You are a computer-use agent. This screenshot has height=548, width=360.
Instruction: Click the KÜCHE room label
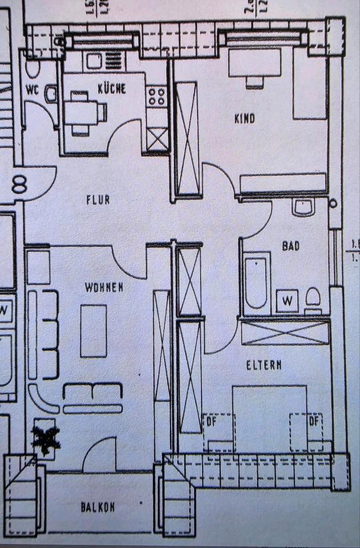[111, 88]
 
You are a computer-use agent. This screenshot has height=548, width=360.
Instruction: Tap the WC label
[32, 89]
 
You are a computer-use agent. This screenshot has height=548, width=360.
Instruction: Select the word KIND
[244, 119]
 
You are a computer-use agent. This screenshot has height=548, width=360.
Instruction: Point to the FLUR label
[98, 200]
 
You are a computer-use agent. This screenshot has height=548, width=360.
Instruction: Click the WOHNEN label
[104, 287]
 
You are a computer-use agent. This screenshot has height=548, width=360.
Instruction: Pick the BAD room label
[290, 247]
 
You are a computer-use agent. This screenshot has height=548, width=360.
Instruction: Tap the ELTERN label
[264, 366]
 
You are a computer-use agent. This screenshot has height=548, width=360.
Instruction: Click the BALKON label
[98, 506]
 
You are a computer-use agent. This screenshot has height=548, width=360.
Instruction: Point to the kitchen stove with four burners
[156, 96]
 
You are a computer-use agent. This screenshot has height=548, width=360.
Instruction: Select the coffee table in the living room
[94, 330]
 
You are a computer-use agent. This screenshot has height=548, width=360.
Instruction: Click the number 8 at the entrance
[19, 186]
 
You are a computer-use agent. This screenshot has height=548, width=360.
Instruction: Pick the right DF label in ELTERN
[313, 422]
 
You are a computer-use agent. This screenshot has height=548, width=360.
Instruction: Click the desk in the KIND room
[254, 63]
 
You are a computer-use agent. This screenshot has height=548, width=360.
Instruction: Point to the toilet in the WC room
[33, 67]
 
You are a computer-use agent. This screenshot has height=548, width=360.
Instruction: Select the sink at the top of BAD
[302, 207]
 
